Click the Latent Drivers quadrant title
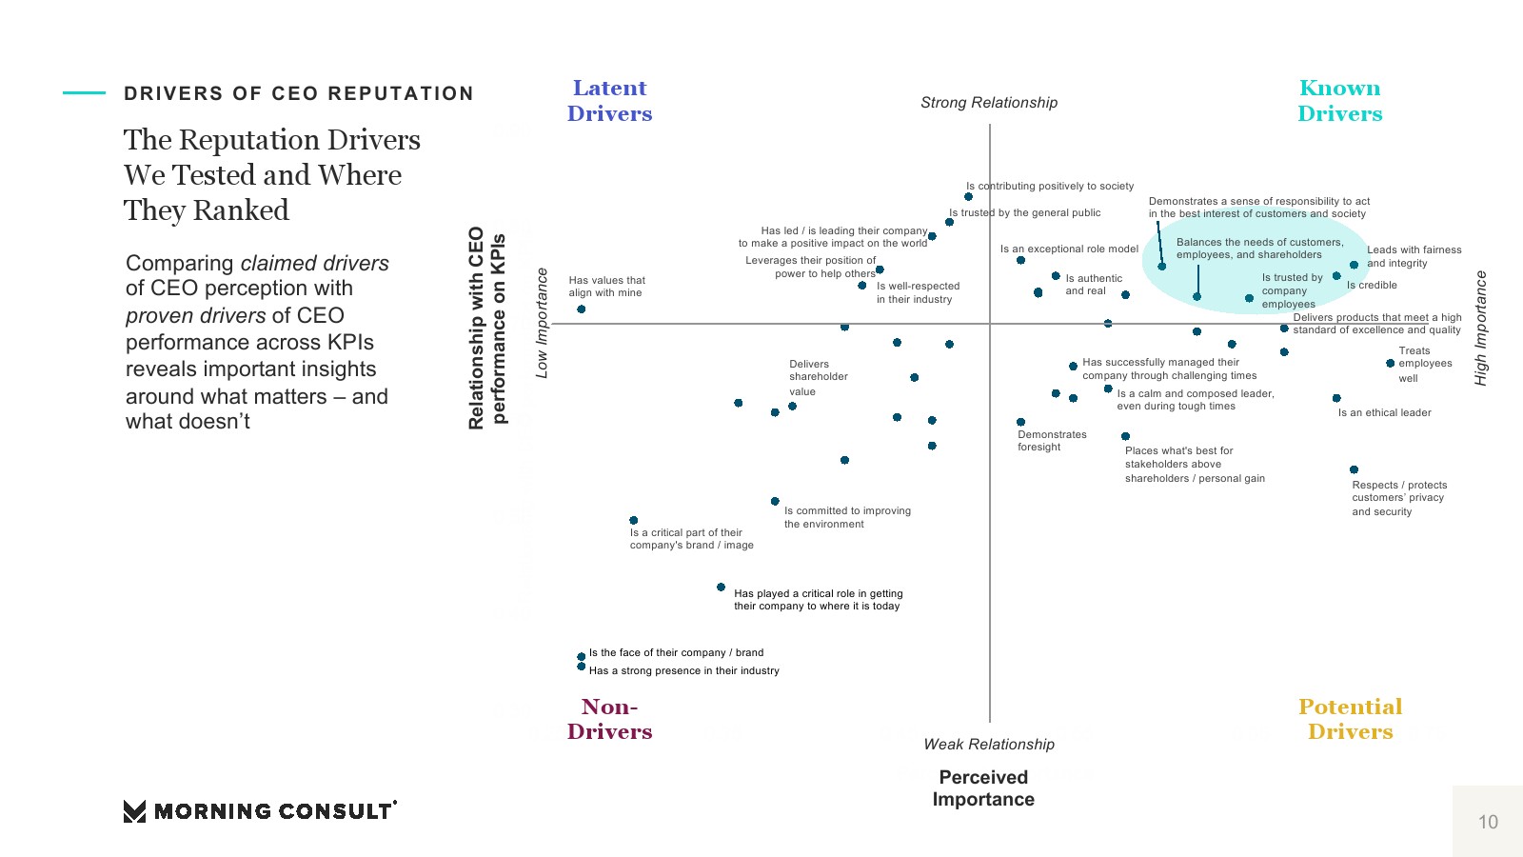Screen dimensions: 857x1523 [609, 101]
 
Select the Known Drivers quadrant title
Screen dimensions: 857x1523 [1339, 101]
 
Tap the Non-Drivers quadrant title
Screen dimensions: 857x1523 [609, 719]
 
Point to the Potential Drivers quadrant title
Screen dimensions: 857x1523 [1350, 719]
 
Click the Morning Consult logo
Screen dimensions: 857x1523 [260, 811]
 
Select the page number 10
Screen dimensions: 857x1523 [1488, 822]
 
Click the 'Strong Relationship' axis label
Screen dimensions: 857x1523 [989, 103]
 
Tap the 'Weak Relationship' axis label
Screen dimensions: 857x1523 [989, 745]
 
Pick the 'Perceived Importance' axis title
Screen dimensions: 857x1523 [983, 788]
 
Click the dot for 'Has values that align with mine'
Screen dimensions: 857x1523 [582, 309]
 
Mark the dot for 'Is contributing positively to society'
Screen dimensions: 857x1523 [968, 197]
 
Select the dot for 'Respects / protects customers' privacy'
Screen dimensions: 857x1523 [1354, 469]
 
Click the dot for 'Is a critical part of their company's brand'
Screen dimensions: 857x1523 [634, 521]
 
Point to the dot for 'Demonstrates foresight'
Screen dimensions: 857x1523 [1020, 422]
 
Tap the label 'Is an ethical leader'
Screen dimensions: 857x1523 [1384, 413]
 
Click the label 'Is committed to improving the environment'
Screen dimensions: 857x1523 [847, 517]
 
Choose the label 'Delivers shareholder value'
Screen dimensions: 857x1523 [818, 377]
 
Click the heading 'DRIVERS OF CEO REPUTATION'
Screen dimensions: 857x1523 [299, 93]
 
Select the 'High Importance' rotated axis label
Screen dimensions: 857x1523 [1480, 329]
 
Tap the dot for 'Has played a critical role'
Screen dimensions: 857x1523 [722, 588]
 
